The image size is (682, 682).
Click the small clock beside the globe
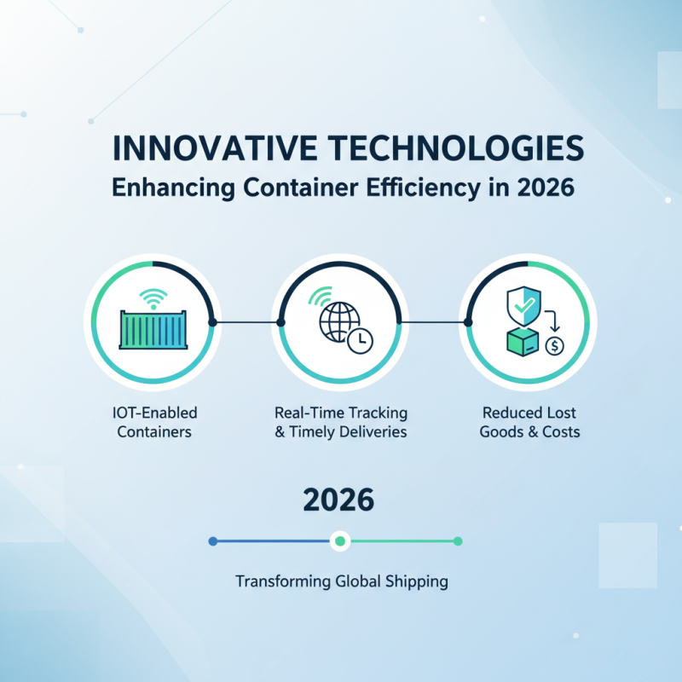pyautogui.click(x=361, y=340)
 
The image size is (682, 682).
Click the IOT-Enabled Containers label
pyautogui.click(x=154, y=422)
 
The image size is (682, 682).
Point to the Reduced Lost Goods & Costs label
pyautogui.click(x=529, y=422)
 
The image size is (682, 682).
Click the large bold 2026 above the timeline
pyautogui.click(x=339, y=500)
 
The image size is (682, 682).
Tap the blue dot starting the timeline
pyautogui.click(x=213, y=540)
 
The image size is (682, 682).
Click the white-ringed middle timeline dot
pyautogui.click(x=340, y=540)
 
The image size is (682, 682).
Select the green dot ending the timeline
pyautogui.click(x=458, y=540)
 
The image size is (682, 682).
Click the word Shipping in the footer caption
pyautogui.click(x=415, y=582)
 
